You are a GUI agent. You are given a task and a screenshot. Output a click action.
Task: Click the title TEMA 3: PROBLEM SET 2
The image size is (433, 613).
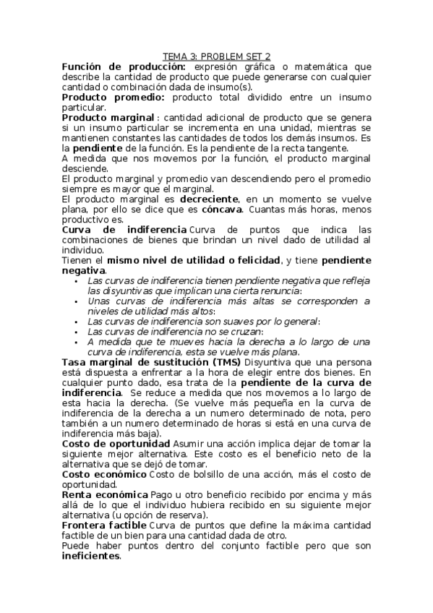[x=216, y=56]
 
